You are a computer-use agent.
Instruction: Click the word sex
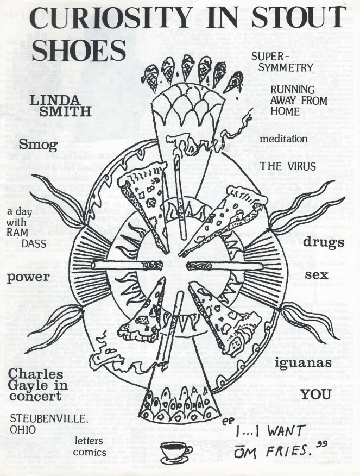[x=317, y=275]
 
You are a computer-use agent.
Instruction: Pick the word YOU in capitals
[x=316, y=395]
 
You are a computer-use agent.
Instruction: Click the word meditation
[x=283, y=139]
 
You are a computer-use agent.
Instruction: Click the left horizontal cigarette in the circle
[x=127, y=265]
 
